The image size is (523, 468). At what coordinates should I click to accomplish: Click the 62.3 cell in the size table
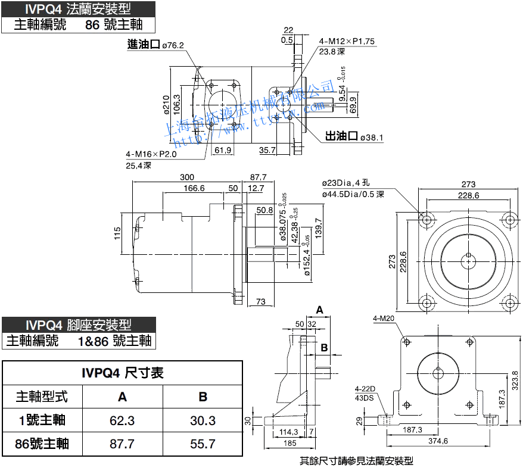click(122, 420)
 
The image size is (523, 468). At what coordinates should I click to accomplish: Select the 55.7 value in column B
click(203, 444)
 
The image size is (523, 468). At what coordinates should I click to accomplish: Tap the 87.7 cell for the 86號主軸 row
click(122, 444)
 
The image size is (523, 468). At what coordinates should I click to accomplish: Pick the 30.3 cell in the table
click(203, 420)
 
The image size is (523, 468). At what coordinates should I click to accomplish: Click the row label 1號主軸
click(42, 420)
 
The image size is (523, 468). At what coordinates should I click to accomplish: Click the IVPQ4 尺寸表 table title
click(123, 373)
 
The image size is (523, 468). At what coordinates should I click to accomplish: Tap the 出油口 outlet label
click(341, 138)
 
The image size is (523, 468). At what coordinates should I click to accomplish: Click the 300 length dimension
click(187, 177)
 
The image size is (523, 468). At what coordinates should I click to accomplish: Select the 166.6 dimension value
click(194, 188)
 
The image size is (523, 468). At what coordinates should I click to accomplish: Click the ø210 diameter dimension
click(166, 104)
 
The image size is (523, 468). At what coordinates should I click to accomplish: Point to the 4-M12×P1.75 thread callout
click(347, 42)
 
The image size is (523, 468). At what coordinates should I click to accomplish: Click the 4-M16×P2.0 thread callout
click(151, 154)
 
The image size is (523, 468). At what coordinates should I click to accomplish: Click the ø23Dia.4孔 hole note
click(346, 183)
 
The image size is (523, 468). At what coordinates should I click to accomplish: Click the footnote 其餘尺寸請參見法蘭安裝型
click(356, 460)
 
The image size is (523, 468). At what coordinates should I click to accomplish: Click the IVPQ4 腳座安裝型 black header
click(78, 325)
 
